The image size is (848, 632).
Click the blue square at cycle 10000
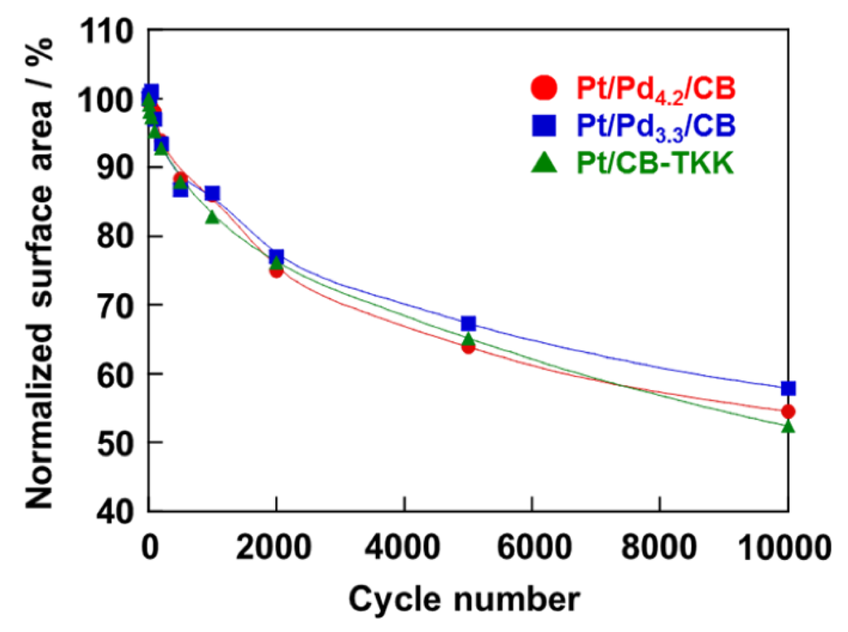788,388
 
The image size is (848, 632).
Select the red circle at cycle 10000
788,412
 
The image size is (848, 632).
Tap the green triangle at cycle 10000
788,426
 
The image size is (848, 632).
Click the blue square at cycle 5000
469,323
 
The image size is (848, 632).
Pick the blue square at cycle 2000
277,257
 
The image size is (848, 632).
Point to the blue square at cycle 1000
212,194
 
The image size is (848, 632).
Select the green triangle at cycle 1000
212,217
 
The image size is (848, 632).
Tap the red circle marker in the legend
543,87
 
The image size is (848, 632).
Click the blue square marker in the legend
543,125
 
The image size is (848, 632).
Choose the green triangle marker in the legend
543,163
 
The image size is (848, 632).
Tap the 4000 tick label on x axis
404,548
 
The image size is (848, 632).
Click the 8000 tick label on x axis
660,548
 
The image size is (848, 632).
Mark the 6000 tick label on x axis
532,548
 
